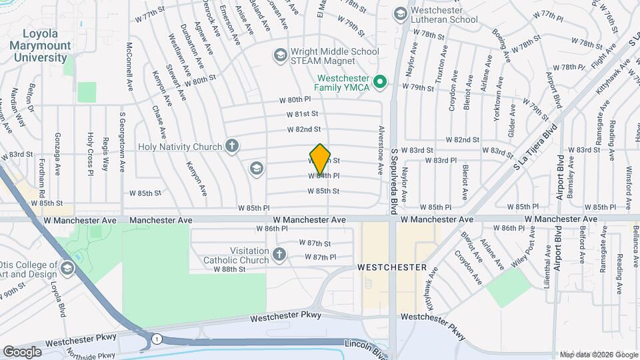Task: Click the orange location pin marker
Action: [x=321, y=159]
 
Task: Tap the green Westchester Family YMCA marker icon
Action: [x=380, y=83]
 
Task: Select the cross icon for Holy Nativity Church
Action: [x=232, y=146]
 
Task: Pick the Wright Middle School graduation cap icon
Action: [x=280, y=53]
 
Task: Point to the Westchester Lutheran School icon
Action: [x=400, y=13]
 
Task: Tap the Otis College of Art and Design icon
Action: [x=66, y=268]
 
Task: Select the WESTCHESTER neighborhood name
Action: [x=391, y=267]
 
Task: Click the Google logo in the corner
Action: [x=23, y=351]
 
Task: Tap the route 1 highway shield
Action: [x=156, y=338]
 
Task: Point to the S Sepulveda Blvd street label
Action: [x=395, y=180]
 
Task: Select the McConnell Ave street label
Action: [x=128, y=69]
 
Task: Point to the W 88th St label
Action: [x=230, y=269]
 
